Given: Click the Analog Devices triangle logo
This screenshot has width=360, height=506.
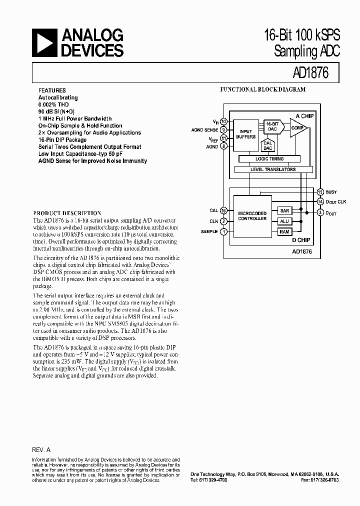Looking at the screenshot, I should pyautogui.click(x=44, y=42).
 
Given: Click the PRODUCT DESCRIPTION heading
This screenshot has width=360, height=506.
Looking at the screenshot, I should pyautogui.click(x=67, y=212).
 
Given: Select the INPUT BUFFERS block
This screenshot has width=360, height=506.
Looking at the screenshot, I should pyautogui.click(x=246, y=133).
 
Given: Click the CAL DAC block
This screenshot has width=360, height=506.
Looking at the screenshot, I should pyautogui.click(x=268, y=145).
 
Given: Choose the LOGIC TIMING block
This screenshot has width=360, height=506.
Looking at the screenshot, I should pyautogui.click(x=269, y=158).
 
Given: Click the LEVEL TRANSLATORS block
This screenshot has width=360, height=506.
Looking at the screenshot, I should pyautogui.click(x=272, y=169).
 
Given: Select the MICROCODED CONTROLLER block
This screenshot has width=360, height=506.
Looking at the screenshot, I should pyautogui.click(x=252, y=216).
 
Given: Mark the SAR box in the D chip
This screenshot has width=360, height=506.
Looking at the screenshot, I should pyautogui.click(x=284, y=211).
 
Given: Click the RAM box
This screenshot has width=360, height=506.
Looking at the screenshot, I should pyautogui.click(x=284, y=231).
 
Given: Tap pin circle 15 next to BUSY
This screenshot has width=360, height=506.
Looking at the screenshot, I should pyautogui.click(x=320, y=191).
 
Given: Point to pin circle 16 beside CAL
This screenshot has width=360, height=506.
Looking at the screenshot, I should pyautogui.click(x=223, y=210).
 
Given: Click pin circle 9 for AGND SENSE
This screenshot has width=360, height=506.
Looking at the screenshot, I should pyautogui.click(x=223, y=129).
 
